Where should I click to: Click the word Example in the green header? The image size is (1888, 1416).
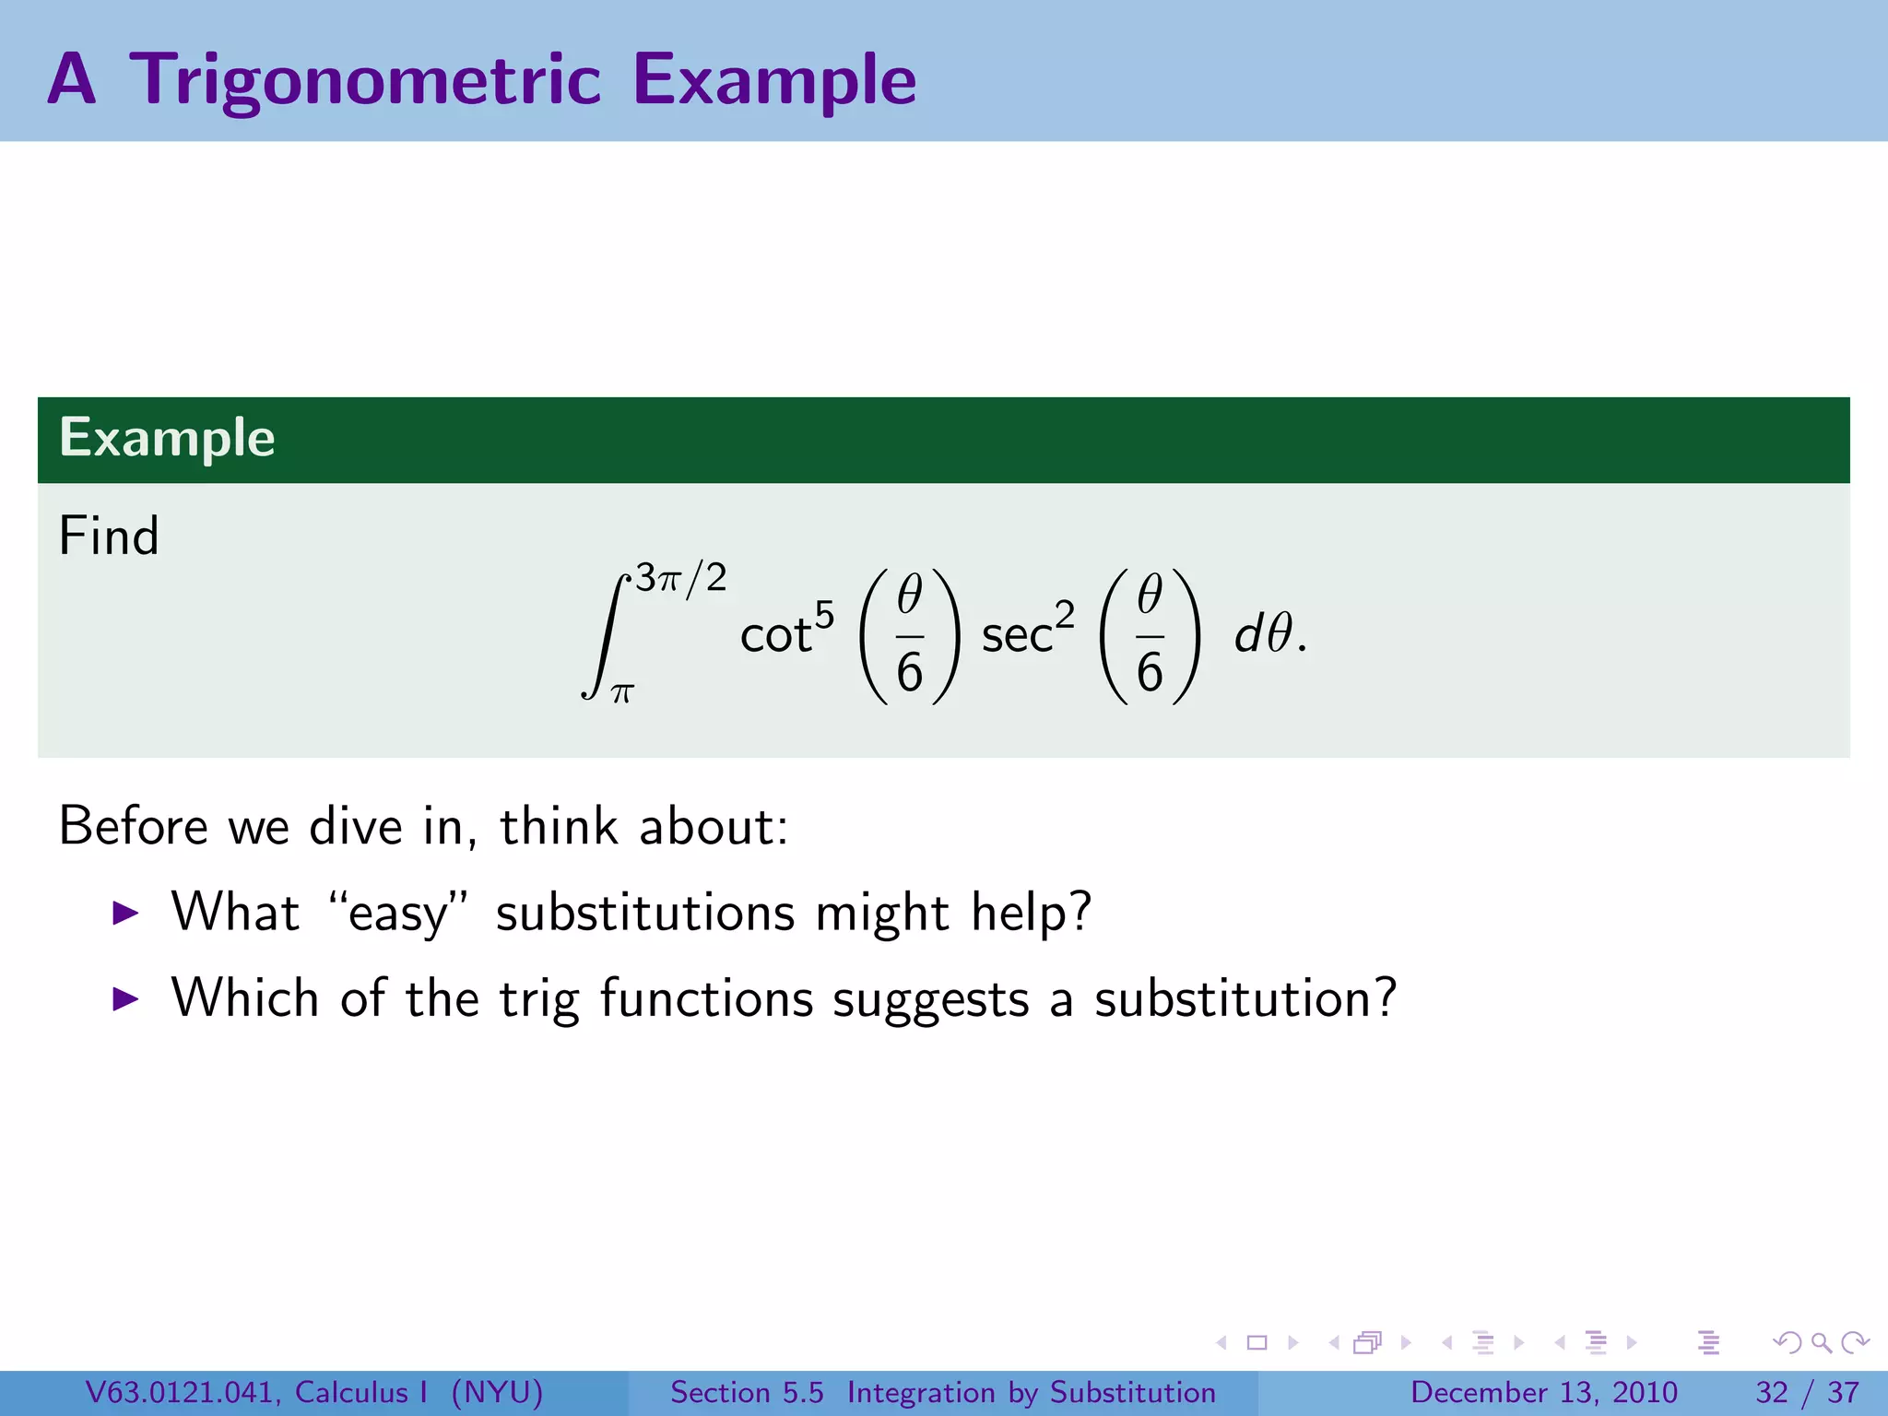[x=167, y=437]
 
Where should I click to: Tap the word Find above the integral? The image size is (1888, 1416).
[x=109, y=536]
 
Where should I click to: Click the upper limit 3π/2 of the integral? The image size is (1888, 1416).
[x=681, y=578]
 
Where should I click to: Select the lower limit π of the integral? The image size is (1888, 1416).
[x=622, y=693]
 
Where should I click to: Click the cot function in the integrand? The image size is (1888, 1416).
[x=775, y=636]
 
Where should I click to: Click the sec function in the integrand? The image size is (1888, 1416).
[x=1016, y=636]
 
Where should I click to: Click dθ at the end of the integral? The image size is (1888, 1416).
[x=1264, y=634]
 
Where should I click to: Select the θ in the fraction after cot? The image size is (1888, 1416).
[x=909, y=594]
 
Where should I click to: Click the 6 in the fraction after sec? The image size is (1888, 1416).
[x=1150, y=672]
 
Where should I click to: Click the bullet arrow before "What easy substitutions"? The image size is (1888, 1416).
[x=124, y=914]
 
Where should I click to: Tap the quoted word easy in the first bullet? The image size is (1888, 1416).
[x=398, y=914]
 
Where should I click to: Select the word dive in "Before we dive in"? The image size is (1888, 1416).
[x=356, y=826]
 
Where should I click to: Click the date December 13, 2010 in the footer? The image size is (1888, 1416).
[x=1543, y=1392]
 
